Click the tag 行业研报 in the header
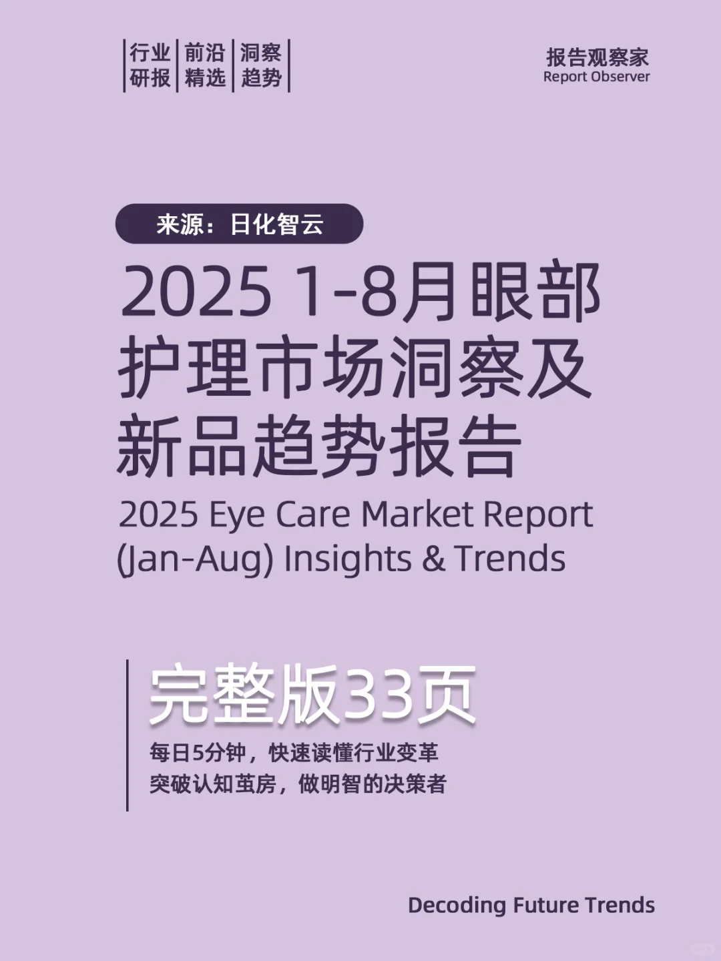tap(150, 65)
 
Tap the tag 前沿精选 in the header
tap(205, 65)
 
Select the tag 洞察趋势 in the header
tap(261, 65)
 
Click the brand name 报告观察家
tap(597, 57)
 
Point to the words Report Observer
tap(596, 77)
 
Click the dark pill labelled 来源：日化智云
tap(239, 224)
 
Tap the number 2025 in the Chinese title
tap(196, 292)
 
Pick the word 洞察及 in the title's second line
tap(490, 368)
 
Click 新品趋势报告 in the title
tap(319, 445)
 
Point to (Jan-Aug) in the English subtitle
tap(195, 559)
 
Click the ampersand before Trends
tap(433, 559)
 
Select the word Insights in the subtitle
tap(347, 559)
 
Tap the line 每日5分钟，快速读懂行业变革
tap(294, 753)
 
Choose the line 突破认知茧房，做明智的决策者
tap(298, 783)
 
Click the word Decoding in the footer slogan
tap(457, 906)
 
